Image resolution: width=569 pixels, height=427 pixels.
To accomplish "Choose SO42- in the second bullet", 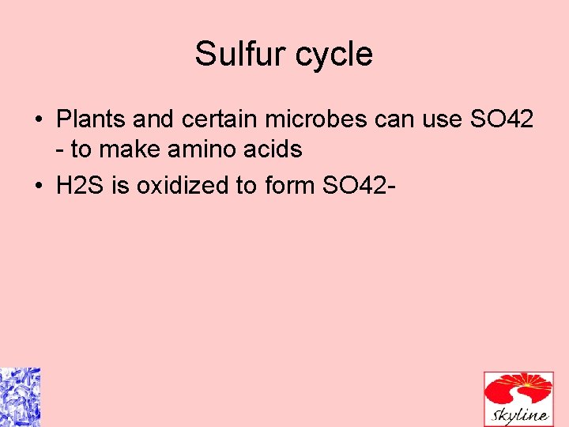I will (x=360, y=186).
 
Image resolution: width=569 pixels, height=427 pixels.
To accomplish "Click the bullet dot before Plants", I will (x=39, y=120).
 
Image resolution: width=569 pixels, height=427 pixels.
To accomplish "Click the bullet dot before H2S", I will (x=39, y=187).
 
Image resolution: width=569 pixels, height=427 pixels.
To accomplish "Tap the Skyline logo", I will (x=518, y=398).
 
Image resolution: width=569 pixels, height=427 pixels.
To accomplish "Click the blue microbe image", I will (x=20, y=397).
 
